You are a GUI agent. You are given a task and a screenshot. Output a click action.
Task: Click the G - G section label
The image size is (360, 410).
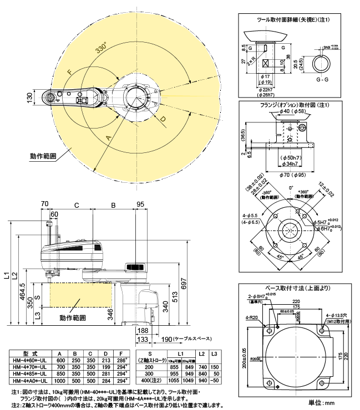click(317, 80)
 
